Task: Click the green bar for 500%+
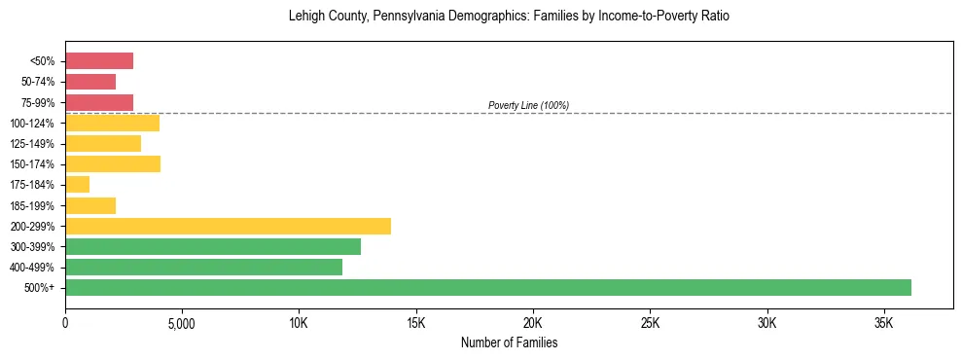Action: (x=487, y=287)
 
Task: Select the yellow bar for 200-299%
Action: (x=228, y=226)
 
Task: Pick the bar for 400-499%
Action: (x=203, y=267)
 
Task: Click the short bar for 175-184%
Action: (x=77, y=184)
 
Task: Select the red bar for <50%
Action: (x=98, y=61)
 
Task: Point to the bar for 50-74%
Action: (x=90, y=82)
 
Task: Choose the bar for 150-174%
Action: (x=112, y=163)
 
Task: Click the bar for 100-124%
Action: (x=112, y=123)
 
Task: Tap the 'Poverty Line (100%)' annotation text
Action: (x=528, y=105)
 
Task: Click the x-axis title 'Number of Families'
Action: (x=509, y=343)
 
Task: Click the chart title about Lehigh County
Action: (x=509, y=17)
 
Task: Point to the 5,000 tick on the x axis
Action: (x=182, y=323)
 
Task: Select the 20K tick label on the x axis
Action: (x=533, y=323)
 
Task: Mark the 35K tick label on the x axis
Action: (x=884, y=323)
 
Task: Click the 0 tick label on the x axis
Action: (x=65, y=323)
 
